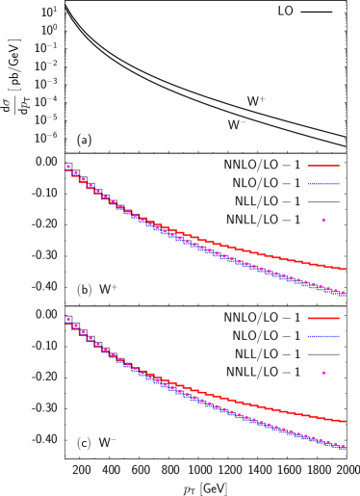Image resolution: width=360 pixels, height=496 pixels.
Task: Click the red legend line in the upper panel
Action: [x=323, y=166]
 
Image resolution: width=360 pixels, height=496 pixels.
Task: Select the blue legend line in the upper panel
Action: [x=323, y=183]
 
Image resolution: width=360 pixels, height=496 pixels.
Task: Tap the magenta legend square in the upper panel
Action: [x=323, y=221]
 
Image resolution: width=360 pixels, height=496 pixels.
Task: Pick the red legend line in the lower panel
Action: [x=323, y=318]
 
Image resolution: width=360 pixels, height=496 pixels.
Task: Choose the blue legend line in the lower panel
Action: [x=323, y=336]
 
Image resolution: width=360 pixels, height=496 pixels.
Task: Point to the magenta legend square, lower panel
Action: [x=323, y=373]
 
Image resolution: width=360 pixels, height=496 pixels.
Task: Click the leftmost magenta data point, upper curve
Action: [x=68, y=168]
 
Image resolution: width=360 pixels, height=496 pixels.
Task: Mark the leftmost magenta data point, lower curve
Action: [x=68, y=319]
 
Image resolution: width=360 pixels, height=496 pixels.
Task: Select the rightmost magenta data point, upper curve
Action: [x=343, y=293]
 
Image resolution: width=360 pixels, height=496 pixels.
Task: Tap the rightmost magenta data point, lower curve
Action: [x=343, y=446]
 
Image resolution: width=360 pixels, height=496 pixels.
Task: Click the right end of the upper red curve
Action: [x=345, y=270]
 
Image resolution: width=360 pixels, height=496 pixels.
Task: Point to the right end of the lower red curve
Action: [x=345, y=422]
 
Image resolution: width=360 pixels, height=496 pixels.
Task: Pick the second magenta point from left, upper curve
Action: [x=76, y=173]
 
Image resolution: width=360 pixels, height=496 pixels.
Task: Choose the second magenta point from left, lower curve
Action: [x=76, y=326]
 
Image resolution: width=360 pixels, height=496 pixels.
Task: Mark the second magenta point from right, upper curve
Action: [x=335, y=291]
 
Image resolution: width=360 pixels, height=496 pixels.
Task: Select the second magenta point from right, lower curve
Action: [x=335, y=444]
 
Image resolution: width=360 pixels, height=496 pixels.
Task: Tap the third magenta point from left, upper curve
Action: [x=84, y=179]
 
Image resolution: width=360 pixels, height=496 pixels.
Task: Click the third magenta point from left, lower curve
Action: [x=84, y=332]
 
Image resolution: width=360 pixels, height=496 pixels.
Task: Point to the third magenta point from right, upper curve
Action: [x=328, y=289]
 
